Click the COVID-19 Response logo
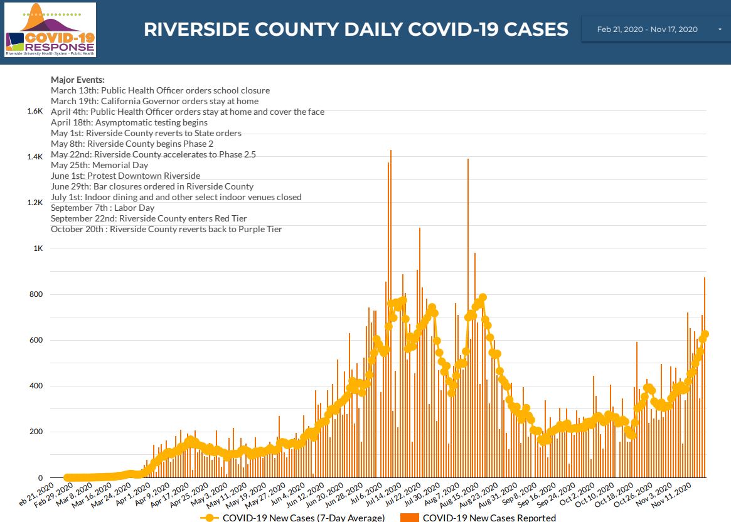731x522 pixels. (50, 30)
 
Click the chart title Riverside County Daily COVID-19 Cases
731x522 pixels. (356, 29)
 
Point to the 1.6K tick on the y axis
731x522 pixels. (35, 111)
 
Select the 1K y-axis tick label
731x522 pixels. (38, 248)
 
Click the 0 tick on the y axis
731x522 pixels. (40, 478)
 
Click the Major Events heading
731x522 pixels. (78, 80)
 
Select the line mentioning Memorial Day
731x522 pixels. (100, 165)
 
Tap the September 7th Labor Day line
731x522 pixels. (102, 208)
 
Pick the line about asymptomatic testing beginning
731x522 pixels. (129, 122)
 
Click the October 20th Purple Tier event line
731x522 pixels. (166, 229)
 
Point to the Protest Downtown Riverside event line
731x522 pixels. (125, 176)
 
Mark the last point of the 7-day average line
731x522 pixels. (705, 334)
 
